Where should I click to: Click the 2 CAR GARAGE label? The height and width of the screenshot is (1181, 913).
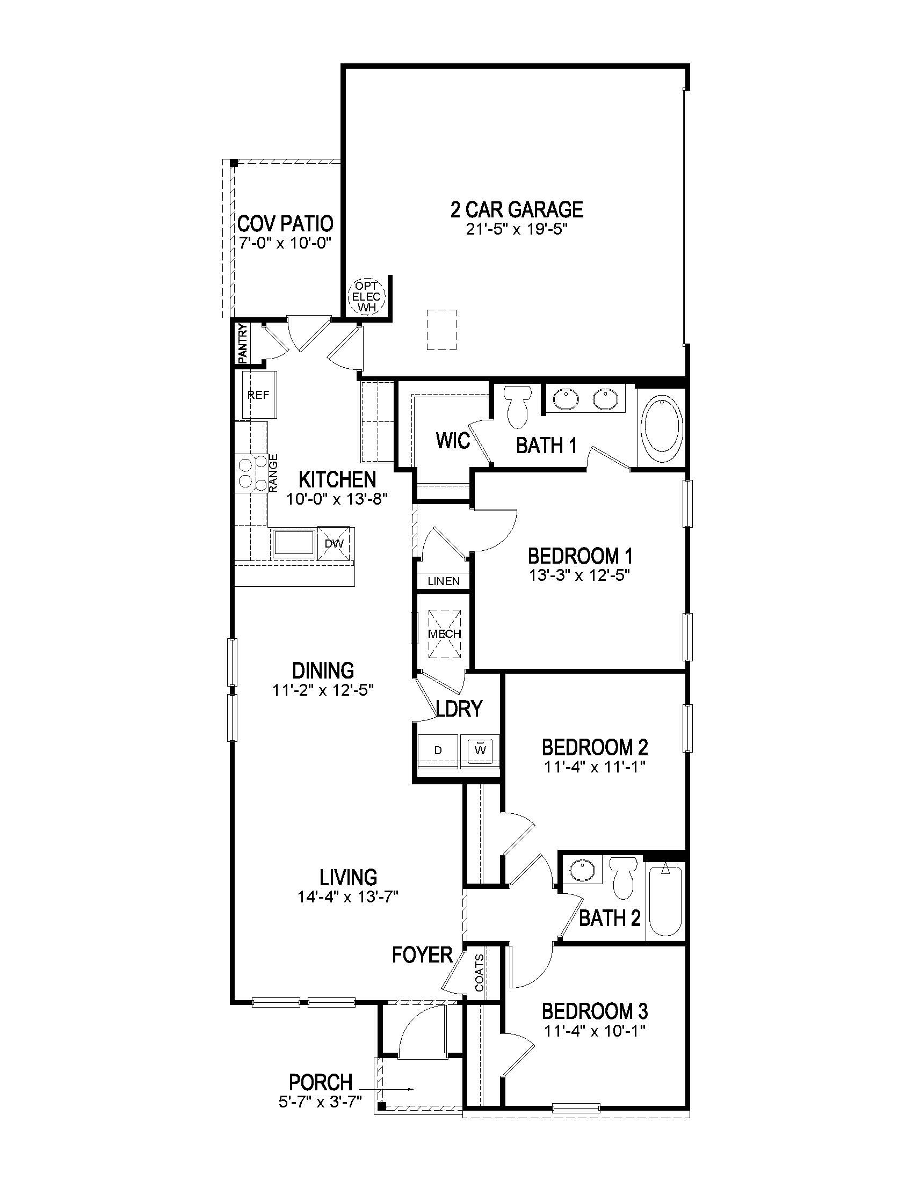[x=517, y=209]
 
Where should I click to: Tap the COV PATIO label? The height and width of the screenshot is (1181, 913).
[x=285, y=223]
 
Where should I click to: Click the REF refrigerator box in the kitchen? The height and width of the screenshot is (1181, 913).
[x=258, y=395]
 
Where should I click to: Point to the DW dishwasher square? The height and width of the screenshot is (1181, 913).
[x=334, y=543]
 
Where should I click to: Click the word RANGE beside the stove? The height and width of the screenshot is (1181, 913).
[x=274, y=472]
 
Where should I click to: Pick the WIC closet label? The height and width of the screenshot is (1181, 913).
[x=453, y=441]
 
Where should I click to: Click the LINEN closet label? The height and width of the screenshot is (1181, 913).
[x=444, y=581]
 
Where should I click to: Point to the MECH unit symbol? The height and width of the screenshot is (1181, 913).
[x=445, y=634]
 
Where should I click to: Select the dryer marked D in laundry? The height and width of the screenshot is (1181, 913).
[x=438, y=750]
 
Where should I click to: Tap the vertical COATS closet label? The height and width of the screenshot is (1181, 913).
[x=480, y=973]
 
